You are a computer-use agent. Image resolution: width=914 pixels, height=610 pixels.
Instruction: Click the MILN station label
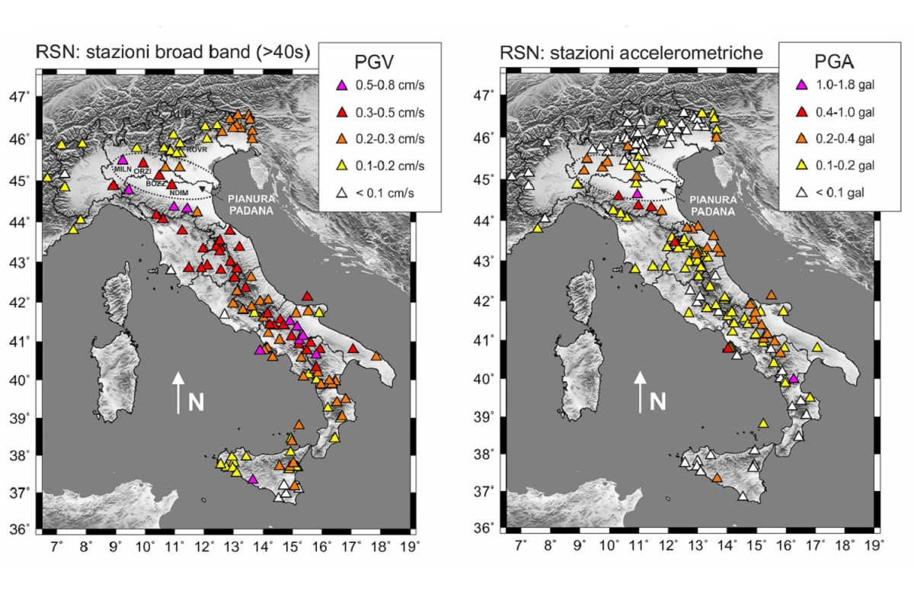point(123,169)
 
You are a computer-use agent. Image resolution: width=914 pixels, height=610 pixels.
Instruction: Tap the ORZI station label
point(143,172)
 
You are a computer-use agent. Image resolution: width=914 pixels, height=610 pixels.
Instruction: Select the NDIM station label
point(178,193)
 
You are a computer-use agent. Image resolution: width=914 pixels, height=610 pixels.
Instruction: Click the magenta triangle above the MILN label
point(123,159)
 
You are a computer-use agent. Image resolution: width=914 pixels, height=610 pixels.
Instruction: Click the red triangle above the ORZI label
point(143,162)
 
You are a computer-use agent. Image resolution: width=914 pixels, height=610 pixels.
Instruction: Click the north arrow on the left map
point(177,392)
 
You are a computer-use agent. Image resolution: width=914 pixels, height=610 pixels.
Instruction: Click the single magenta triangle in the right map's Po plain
point(638,194)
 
